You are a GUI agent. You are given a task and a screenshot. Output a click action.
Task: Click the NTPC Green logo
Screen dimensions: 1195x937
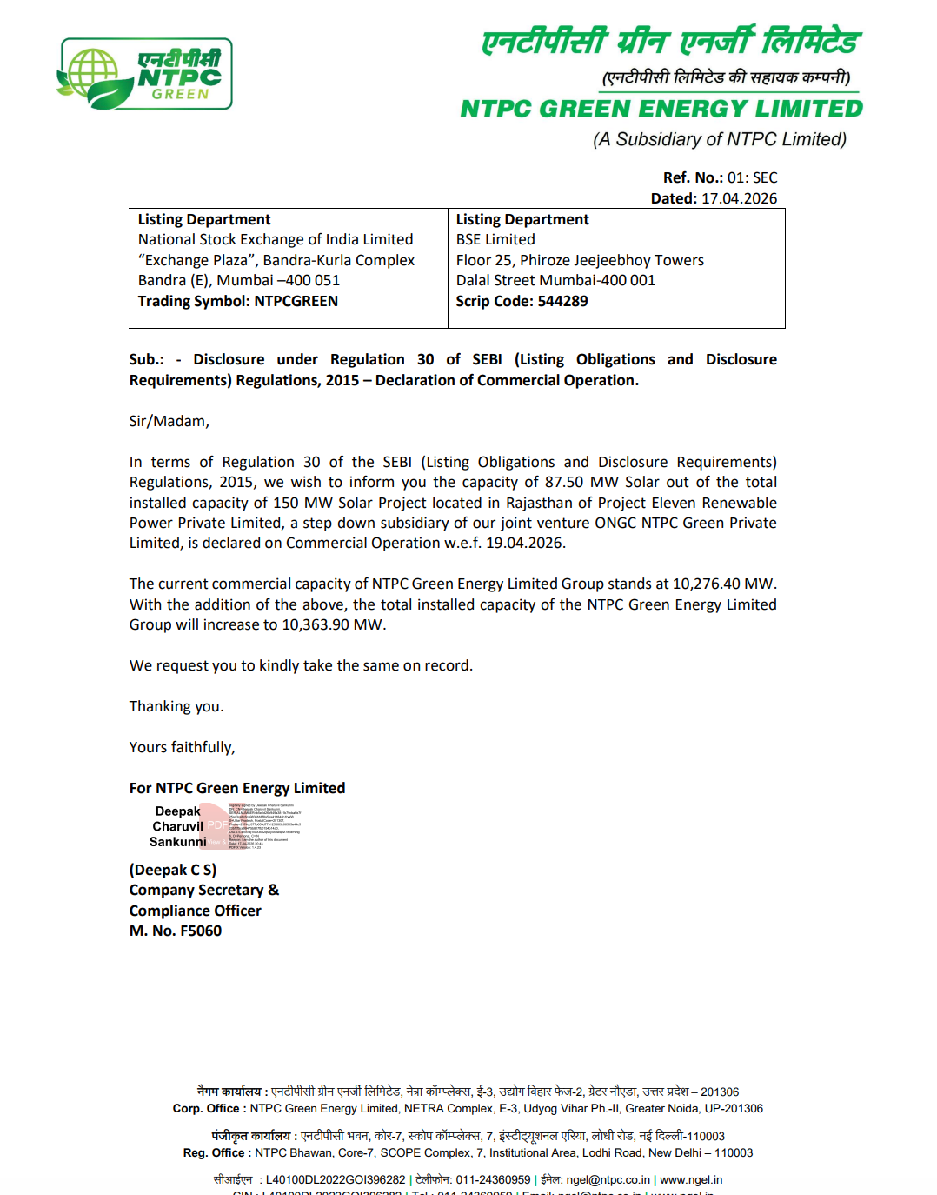click(x=145, y=74)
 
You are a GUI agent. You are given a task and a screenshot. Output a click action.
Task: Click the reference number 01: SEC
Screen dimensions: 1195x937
click(x=752, y=177)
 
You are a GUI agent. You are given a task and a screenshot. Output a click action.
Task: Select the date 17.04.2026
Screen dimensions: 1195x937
click(x=739, y=198)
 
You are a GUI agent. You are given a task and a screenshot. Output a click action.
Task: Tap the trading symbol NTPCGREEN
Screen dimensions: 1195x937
click(x=296, y=301)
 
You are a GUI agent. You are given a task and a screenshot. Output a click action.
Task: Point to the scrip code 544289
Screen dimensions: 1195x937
click(x=562, y=301)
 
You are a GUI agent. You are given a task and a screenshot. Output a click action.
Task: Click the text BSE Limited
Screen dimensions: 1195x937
click(x=495, y=239)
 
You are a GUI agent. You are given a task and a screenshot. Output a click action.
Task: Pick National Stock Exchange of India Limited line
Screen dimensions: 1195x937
click(x=276, y=239)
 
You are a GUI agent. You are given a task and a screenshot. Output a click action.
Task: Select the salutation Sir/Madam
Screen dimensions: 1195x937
click(x=169, y=421)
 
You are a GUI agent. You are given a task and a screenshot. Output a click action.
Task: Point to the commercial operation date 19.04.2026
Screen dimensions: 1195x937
click(x=524, y=543)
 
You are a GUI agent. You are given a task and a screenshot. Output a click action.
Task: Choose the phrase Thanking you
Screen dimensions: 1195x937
click(x=176, y=706)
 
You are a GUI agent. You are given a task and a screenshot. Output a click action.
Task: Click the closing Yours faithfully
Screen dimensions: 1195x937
click(x=182, y=747)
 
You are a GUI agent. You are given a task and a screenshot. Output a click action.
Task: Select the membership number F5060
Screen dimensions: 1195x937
click(x=201, y=931)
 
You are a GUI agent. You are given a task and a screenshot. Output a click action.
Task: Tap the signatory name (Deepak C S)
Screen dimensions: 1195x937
click(x=173, y=870)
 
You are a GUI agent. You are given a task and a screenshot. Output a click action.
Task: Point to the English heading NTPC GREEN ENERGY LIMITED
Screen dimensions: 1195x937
click(x=661, y=109)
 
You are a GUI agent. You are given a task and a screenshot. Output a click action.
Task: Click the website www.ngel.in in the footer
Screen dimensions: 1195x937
click(x=691, y=1180)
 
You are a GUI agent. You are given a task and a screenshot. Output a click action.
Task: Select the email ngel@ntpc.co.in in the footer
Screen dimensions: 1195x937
click(x=608, y=1180)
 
